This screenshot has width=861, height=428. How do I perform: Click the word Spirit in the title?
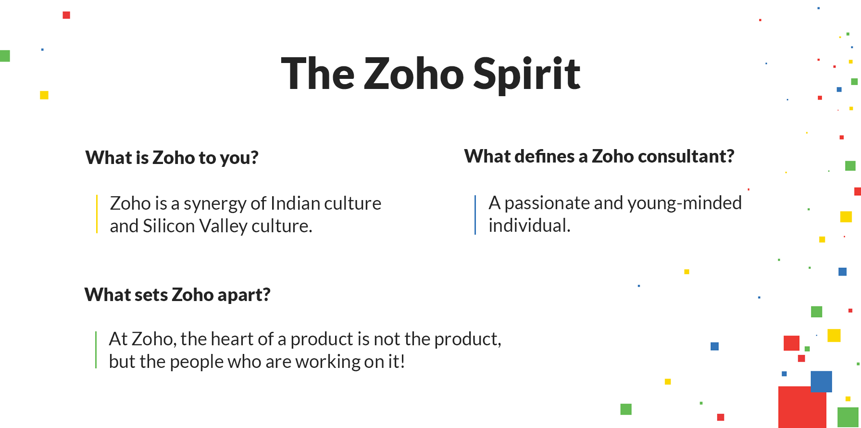pyautogui.click(x=527, y=75)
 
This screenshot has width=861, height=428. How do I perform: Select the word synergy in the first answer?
pyautogui.click(x=215, y=204)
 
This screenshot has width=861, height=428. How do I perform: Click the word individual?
pyautogui.click(x=529, y=226)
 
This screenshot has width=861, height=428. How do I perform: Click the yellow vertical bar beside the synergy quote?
pyautogui.click(x=97, y=214)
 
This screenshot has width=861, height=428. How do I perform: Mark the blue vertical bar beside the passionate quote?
pyautogui.click(x=475, y=215)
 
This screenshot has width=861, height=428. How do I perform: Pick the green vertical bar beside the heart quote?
pyautogui.click(x=96, y=350)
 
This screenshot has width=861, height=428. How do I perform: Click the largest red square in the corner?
pyautogui.click(x=802, y=407)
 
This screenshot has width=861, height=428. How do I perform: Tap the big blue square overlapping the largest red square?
pyautogui.click(x=821, y=381)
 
